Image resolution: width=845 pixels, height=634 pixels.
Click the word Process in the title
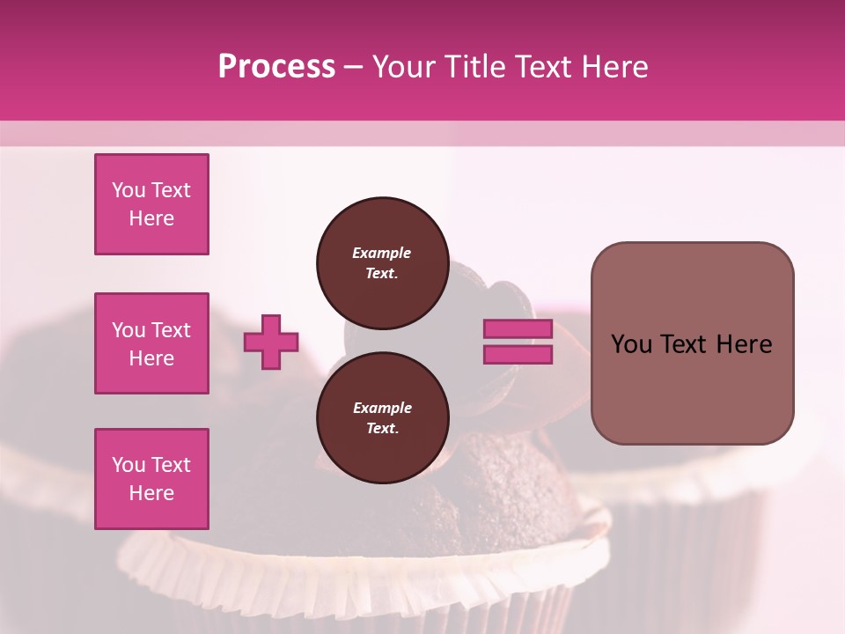276,67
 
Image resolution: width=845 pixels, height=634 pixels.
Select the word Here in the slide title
614,67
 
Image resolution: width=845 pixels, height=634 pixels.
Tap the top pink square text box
151,204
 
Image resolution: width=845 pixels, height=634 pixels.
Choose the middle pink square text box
151,343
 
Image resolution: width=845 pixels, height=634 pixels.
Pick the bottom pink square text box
151,479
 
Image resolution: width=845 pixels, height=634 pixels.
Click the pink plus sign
271,342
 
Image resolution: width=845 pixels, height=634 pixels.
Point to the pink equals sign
518,342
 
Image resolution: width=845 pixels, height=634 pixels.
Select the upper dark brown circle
382,263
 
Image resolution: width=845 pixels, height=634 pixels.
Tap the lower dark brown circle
382,418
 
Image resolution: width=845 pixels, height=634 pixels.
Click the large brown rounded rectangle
692,343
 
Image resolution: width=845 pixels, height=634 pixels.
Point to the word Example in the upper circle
382,253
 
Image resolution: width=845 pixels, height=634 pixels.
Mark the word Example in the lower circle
382,408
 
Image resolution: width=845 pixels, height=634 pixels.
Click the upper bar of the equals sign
518,328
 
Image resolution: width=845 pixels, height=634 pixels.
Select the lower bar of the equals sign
518,355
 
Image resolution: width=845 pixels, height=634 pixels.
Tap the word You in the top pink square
129,190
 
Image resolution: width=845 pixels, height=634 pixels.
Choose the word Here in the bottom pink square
151,493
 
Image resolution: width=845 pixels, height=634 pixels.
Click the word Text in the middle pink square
171,330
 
